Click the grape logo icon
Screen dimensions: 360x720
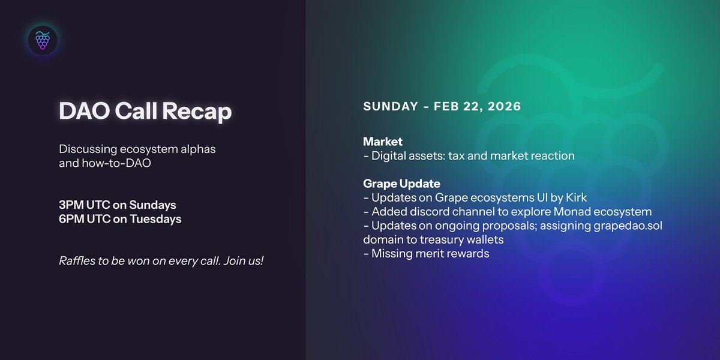pos(43,40)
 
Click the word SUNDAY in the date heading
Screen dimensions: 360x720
pos(391,106)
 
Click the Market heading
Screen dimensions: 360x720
pos(382,142)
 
